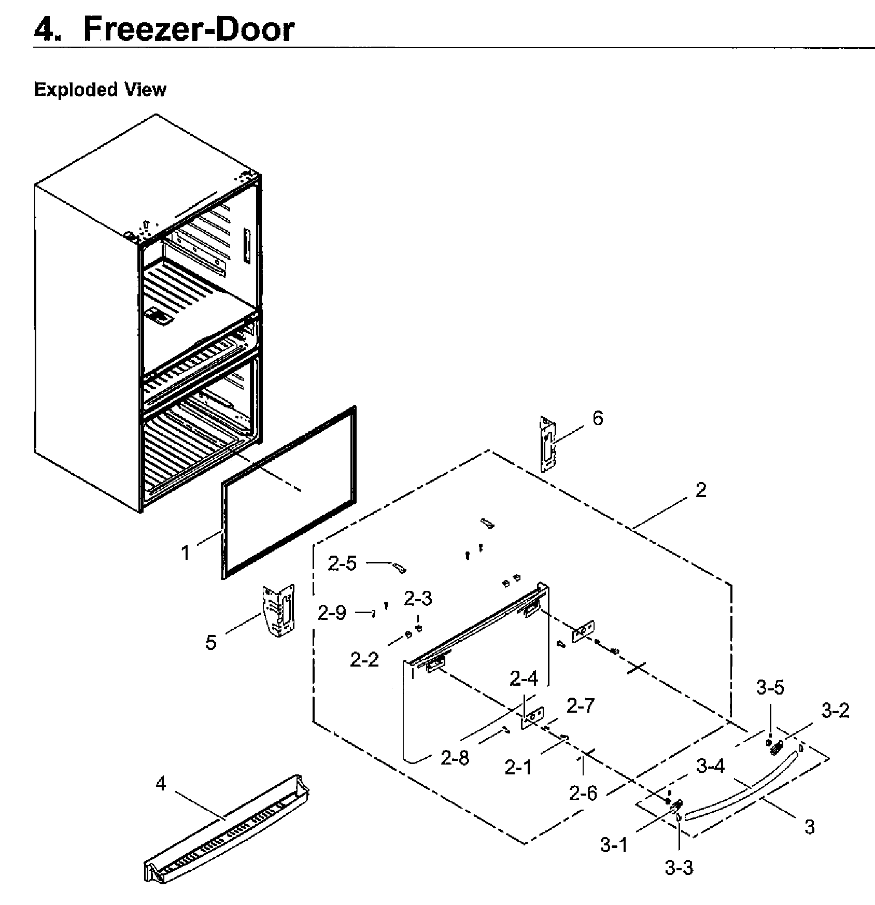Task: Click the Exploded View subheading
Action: pyautogui.click(x=100, y=90)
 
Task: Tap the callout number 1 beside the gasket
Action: pyautogui.click(x=186, y=553)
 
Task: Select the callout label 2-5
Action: pyautogui.click(x=342, y=563)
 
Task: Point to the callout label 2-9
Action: pyautogui.click(x=332, y=613)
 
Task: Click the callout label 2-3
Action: pyautogui.click(x=418, y=599)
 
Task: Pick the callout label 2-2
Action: pyautogui.click(x=364, y=659)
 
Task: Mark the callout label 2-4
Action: pyautogui.click(x=524, y=678)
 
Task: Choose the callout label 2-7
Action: pyautogui.click(x=580, y=705)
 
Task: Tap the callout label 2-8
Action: pyautogui.click(x=455, y=758)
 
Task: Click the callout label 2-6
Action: pyautogui.click(x=583, y=793)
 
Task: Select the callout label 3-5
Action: pyautogui.click(x=770, y=687)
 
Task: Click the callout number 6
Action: pyautogui.click(x=598, y=418)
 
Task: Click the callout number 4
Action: pyautogui.click(x=161, y=784)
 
